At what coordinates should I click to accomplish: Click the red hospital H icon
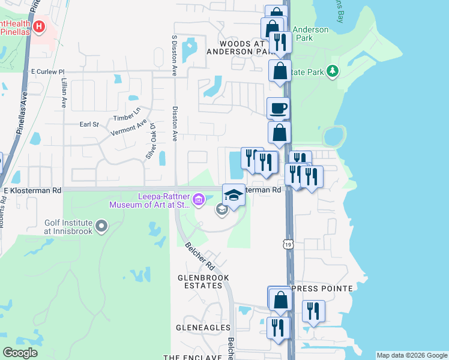pyautogui.click(x=40, y=26)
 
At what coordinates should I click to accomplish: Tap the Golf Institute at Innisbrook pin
pyautogui.click(x=101, y=226)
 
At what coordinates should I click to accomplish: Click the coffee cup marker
pyautogui.click(x=277, y=109)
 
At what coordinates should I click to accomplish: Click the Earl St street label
pyautogui.click(x=89, y=124)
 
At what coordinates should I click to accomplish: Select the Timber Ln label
pyautogui.click(x=128, y=112)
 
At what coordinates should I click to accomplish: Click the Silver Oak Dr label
pyautogui.click(x=151, y=141)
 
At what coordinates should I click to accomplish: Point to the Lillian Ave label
pyautogui.click(x=63, y=92)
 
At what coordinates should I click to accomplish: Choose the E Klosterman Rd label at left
pyautogui.click(x=32, y=190)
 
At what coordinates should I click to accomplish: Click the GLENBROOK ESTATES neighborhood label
pyautogui.click(x=200, y=282)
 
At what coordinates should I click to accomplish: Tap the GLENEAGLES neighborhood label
pyautogui.click(x=203, y=328)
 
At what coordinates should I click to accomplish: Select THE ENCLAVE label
pyautogui.click(x=193, y=357)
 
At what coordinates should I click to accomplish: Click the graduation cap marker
pyautogui.click(x=234, y=194)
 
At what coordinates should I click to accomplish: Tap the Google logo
pyautogui.click(x=20, y=353)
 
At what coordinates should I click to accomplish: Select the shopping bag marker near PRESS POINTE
pyautogui.click(x=280, y=299)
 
